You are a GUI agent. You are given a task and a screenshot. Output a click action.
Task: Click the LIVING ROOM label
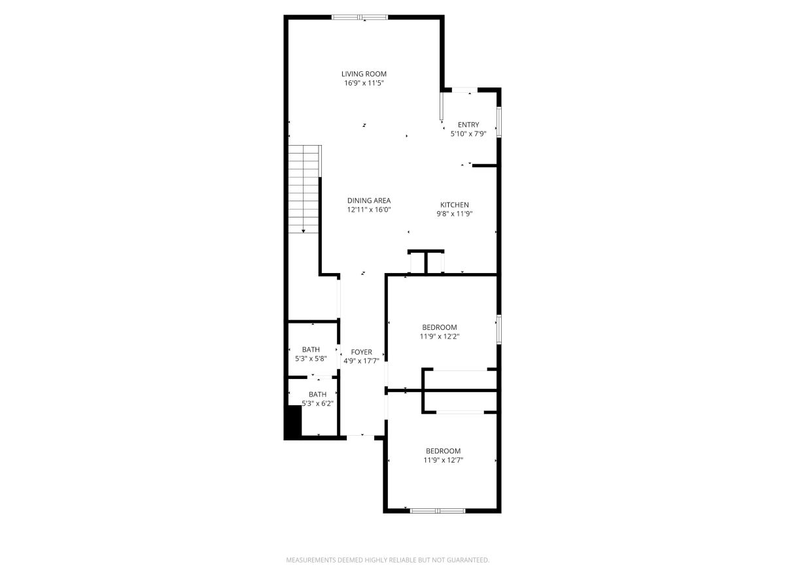pos(364,74)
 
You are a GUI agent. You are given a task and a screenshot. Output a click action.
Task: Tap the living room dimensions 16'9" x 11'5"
pos(364,83)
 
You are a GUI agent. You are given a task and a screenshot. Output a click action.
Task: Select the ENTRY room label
pos(468,125)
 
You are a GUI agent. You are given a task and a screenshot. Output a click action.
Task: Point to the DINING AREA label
pos(369,201)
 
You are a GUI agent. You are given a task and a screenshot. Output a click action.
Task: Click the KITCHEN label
pos(454,205)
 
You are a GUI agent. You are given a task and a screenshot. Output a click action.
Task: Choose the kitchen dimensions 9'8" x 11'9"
pos(454,214)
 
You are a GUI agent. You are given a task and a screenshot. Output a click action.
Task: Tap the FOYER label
pos(361,352)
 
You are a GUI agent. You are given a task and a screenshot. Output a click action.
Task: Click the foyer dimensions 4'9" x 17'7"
pos(361,361)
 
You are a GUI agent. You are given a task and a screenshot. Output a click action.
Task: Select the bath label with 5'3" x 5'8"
pos(311,350)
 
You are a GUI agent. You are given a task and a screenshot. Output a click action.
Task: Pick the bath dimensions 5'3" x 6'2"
pos(317,403)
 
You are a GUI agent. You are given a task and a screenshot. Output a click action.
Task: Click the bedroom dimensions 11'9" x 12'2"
pos(440,336)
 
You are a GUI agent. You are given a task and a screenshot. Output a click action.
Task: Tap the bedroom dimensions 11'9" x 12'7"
pos(443,460)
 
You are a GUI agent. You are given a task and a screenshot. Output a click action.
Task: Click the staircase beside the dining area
pos(304,189)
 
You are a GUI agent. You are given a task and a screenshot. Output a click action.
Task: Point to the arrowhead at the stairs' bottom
pos(304,231)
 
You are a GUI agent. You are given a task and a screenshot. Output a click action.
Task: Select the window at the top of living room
pos(359,17)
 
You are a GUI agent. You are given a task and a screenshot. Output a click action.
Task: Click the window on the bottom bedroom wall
pos(438,511)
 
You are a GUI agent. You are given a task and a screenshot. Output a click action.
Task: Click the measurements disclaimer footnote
pos(388,560)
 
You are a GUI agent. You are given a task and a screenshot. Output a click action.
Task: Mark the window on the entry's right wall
pos(499,122)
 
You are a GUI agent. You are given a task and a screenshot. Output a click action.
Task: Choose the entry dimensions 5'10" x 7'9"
pos(468,134)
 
